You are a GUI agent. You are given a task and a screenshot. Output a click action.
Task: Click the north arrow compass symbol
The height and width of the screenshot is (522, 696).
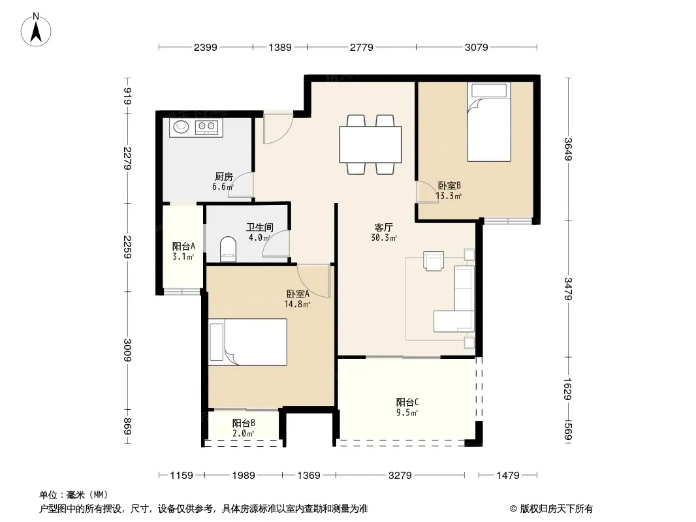pos(36,29)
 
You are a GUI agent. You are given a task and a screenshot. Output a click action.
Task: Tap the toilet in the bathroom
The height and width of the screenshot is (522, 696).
pos(228,249)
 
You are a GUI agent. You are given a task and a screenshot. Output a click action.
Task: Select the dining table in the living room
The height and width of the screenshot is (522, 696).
pos(370,145)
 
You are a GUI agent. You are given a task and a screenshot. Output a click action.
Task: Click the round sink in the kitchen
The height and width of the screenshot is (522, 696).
pos(181,127)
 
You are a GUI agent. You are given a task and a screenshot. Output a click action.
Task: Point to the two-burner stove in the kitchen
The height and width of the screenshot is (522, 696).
pos(207,128)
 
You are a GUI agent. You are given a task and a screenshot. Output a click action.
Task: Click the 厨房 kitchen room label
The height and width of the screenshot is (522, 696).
pos(224,177)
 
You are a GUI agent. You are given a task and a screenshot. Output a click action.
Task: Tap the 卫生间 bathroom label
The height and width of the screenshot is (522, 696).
pos(260,228)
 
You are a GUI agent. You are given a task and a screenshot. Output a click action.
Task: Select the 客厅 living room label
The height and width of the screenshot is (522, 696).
pos(383,228)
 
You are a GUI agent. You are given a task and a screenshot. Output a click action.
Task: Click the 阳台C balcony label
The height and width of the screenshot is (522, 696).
pos(407,402)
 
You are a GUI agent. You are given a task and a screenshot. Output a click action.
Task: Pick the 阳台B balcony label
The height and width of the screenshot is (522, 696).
pos(244,423)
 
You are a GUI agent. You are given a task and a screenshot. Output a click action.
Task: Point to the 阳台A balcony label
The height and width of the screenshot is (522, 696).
pos(183,246)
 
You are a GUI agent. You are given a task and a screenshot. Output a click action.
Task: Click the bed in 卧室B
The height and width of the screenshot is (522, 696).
pos(489,122)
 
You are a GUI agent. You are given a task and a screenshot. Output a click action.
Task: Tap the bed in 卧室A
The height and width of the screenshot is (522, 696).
pos(247,342)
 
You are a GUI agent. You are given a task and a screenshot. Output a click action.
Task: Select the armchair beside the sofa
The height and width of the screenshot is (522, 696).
pos(434,261)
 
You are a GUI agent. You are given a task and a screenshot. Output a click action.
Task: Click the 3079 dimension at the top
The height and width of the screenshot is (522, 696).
pos(476,47)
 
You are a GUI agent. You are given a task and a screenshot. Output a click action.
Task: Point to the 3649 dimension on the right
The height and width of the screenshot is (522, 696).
pos(568,149)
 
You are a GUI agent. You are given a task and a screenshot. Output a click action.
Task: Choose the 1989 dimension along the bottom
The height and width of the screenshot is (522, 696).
pos(244,476)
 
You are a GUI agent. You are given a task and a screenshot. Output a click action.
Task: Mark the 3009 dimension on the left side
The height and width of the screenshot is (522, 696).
pos(128,350)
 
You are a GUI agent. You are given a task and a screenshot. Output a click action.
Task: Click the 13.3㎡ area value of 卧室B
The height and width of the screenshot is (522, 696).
pos(449,196)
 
